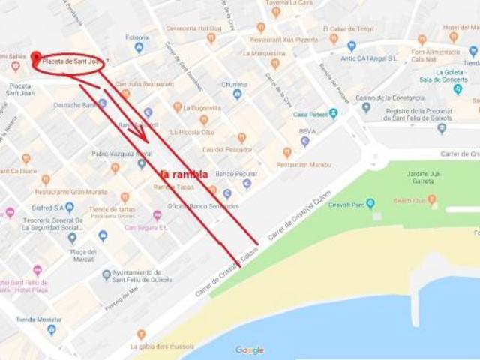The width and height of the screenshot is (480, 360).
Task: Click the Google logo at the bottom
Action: [x=250, y=349]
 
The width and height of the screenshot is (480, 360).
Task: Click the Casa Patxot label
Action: [x=310, y=115]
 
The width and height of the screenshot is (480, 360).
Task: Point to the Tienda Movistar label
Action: [x=36, y=319]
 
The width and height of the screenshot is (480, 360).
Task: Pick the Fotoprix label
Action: [x=137, y=37]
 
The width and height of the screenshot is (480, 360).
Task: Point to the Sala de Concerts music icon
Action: [x=457, y=88]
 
